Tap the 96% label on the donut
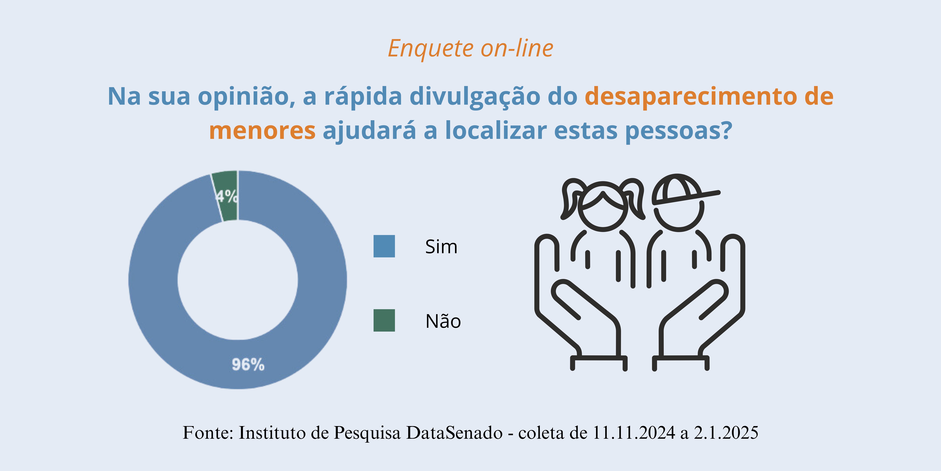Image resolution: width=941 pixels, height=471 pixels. (x=248, y=365)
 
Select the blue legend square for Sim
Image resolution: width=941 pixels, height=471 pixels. (x=384, y=246)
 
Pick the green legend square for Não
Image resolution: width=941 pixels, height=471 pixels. (x=384, y=320)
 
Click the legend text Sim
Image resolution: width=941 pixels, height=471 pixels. (x=441, y=247)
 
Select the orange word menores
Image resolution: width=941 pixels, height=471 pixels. (x=262, y=131)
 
